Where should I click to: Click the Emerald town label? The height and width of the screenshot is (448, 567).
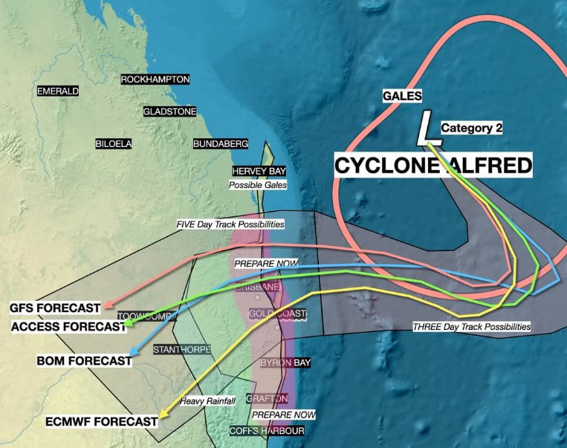(x=58, y=91)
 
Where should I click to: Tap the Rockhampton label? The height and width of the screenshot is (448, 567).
(x=155, y=79)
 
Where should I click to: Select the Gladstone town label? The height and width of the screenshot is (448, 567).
(x=170, y=111)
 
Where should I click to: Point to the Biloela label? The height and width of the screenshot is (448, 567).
(x=114, y=143)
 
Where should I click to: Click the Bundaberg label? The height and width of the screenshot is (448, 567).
(x=221, y=143)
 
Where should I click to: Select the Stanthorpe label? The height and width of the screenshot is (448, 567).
(x=182, y=349)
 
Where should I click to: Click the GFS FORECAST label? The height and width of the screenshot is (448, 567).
(x=55, y=308)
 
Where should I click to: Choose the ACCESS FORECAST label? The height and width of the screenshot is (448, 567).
(x=68, y=326)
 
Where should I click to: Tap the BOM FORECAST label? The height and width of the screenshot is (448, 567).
(x=84, y=361)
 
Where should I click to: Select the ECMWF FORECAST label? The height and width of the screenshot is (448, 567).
(x=102, y=421)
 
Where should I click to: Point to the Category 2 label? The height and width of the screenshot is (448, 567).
(x=472, y=128)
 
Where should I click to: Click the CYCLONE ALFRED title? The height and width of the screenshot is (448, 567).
(x=433, y=165)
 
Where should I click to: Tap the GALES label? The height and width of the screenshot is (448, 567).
(x=402, y=96)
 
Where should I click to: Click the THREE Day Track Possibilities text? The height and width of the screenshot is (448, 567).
(x=472, y=326)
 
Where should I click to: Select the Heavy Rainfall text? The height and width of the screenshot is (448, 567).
(x=207, y=401)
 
